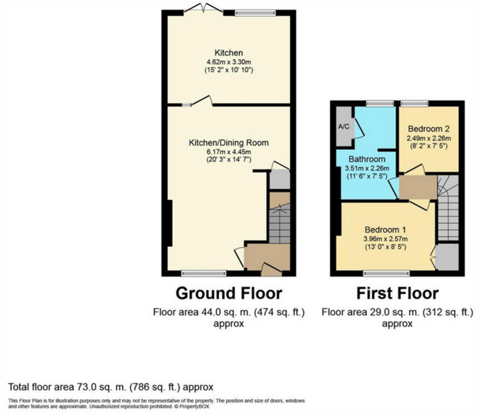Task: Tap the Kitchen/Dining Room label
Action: coord(229,143)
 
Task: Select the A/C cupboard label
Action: coord(344,127)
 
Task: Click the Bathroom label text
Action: coord(367,159)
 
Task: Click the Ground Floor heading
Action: coord(229,293)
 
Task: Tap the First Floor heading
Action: coord(397,293)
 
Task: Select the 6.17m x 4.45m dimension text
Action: coord(229,152)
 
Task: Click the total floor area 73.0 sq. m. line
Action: coord(111,387)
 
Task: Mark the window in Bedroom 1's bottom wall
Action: coord(386,273)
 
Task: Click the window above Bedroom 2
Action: coord(414,103)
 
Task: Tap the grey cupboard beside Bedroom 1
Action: coord(447,256)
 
